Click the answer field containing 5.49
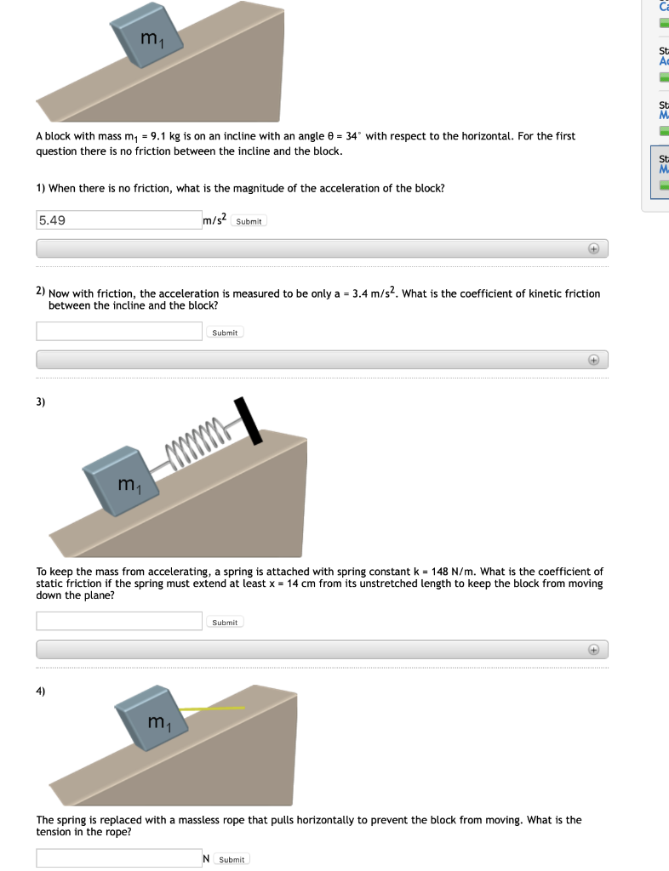pyautogui.click(x=118, y=220)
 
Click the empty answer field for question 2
pyautogui.click(x=118, y=332)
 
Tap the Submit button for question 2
pyautogui.click(x=225, y=333)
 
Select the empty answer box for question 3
pyautogui.click(x=118, y=622)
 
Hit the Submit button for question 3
pyautogui.click(x=225, y=623)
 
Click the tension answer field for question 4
pyautogui.click(x=118, y=858)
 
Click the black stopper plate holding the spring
pyautogui.click(x=247, y=421)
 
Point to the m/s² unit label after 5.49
pyautogui.click(x=214, y=220)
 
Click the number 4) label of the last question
pyautogui.click(x=42, y=691)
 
